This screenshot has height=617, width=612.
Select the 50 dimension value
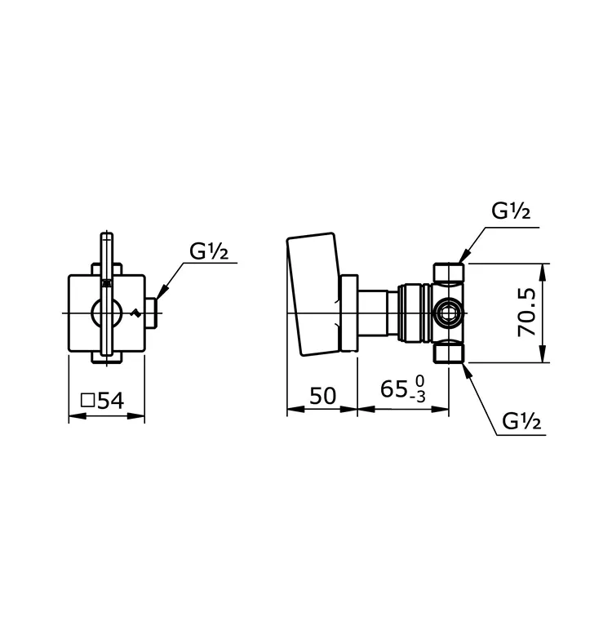322,396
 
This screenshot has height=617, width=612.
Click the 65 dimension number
394,389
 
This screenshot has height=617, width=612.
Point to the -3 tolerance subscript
420,397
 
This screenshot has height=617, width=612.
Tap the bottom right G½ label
521,421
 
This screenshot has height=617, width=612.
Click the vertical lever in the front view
107,298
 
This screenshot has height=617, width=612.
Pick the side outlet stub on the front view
151,313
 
